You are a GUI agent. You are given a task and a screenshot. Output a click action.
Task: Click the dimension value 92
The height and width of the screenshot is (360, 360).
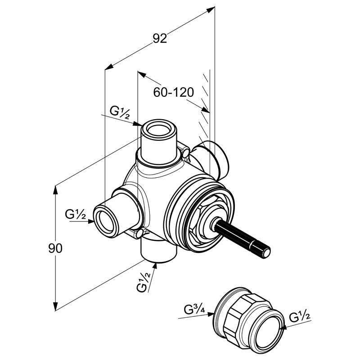(x=160, y=39)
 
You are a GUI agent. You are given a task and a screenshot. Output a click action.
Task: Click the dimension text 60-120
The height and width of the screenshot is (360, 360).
(x=174, y=92)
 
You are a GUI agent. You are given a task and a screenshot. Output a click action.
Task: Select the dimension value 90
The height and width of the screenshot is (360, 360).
(x=55, y=248)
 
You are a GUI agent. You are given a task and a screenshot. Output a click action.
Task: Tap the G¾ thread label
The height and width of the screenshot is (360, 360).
(x=194, y=310)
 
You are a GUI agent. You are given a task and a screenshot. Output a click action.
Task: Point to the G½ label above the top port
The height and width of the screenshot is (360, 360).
(x=119, y=112)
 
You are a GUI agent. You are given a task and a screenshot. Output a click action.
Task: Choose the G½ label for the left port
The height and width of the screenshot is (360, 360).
(x=76, y=215)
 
